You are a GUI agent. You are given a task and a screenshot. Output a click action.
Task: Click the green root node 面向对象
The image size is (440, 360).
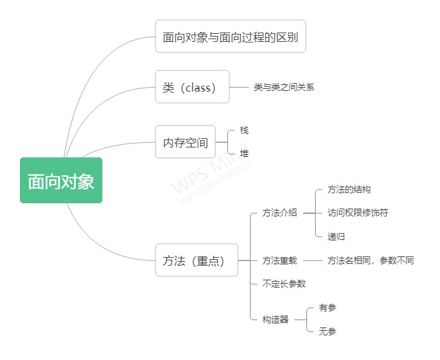(x=61, y=180)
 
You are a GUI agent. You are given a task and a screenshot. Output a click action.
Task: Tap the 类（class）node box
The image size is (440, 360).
(x=192, y=87)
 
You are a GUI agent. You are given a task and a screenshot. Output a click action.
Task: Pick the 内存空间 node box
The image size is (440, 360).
(x=185, y=142)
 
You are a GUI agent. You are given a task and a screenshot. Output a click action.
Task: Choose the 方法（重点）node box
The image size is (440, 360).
(x=196, y=260)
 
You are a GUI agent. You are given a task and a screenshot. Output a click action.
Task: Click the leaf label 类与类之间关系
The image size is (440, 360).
(x=284, y=87)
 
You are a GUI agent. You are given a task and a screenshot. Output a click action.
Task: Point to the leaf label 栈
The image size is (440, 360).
(x=244, y=130)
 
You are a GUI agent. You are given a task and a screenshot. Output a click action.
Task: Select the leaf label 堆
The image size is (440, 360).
(x=244, y=153)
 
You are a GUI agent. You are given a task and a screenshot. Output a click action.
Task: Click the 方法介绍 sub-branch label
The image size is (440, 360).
(x=280, y=213)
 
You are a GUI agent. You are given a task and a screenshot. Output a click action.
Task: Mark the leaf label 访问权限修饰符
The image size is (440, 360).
(x=358, y=213)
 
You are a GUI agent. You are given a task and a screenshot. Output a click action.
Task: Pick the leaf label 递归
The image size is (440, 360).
(x=336, y=236)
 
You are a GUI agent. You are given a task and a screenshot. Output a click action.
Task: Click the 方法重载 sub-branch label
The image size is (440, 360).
(x=280, y=260)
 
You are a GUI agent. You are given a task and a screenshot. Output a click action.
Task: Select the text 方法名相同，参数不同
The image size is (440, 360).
(x=370, y=260)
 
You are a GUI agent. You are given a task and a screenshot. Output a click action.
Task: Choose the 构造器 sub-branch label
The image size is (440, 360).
(x=276, y=319)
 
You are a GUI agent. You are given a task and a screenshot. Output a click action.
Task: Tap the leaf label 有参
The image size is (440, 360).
(x=328, y=308)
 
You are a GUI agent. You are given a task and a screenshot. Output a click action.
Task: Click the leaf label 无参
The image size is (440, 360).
(x=328, y=331)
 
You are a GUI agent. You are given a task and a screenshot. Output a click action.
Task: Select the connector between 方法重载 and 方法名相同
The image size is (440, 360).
(x=312, y=260)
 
